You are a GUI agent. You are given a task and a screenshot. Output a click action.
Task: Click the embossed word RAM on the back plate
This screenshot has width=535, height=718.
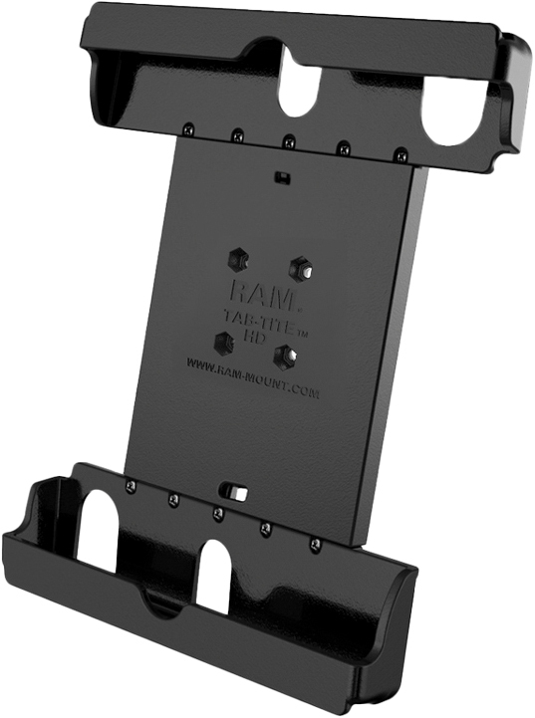click(256, 291)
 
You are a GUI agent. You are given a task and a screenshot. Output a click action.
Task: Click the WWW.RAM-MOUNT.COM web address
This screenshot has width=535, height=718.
click(253, 379)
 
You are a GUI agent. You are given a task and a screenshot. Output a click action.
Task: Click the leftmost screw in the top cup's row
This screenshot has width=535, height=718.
click(187, 126)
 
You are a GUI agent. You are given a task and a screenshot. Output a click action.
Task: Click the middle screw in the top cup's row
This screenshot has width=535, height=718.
click(288, 140)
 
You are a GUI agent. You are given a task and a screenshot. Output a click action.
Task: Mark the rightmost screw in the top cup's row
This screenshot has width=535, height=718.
click(401, 154)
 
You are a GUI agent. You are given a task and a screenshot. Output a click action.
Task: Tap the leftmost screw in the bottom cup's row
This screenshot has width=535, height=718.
click(130, 485)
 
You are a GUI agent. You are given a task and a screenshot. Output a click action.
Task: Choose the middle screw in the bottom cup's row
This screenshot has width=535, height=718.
click(217, 514)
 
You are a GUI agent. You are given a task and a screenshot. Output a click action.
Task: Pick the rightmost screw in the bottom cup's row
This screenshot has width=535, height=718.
click(315, 545)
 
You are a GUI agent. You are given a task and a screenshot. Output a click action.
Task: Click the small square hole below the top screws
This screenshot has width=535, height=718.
click(283, 178)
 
